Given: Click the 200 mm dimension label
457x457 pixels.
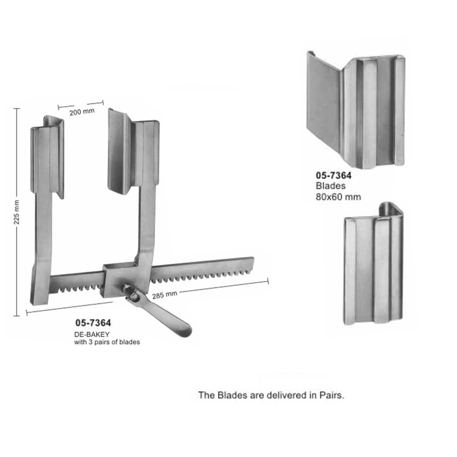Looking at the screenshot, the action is pos(82,111).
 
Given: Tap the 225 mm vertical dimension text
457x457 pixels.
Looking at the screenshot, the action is pos(17,212).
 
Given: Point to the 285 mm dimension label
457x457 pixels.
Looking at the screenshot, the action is pos(165,295).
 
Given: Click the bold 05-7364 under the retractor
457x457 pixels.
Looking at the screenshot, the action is pos(93,323).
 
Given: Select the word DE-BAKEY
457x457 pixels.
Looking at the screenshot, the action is pos(92,334).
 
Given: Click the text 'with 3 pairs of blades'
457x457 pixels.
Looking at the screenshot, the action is pos(107,342).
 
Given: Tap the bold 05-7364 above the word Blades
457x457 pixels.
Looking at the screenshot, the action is pos(334,175).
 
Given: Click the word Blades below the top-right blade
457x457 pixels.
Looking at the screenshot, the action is pos(331,186).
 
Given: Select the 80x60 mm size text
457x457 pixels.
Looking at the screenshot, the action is pos(338,197).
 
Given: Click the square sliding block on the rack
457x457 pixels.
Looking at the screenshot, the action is pos(119,280).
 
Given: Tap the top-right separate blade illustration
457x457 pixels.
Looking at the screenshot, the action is pos(356,110).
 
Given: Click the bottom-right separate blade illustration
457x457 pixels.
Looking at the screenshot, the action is pos(374,263).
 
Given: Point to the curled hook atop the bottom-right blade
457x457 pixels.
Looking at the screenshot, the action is pos(390,209).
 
